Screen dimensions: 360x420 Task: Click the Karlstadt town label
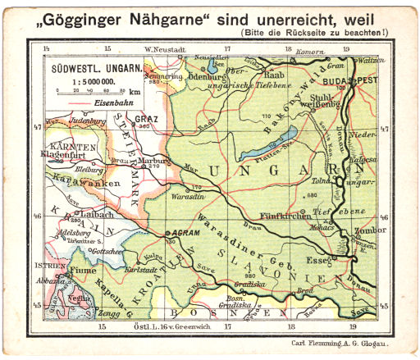(x=140, y=268)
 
